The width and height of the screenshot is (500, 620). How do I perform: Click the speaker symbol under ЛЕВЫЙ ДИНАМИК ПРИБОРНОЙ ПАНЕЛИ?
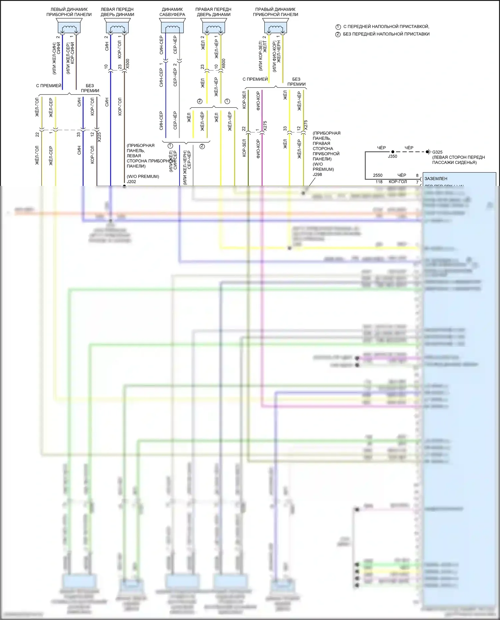(x=69, y=26)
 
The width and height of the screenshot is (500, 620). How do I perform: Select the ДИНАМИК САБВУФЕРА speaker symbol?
(x=172, y=26)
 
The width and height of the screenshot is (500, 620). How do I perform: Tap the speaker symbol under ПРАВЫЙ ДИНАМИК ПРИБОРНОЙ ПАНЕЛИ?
(x=275, y=26)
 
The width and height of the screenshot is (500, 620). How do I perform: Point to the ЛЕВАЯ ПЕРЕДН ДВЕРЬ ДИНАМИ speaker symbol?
(x=117, y=26)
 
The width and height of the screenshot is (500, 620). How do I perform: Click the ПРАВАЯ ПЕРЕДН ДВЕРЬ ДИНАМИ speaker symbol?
(x=213, y=26)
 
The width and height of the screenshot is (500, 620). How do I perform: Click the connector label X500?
(x=127, y=64)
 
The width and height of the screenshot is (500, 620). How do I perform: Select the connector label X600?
(x=224, y=64)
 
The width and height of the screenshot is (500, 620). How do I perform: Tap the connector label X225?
(x=99, y=137)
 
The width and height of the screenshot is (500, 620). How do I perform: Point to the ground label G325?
(x=437, y=152)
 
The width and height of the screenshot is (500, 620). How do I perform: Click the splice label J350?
(x=392, y=156)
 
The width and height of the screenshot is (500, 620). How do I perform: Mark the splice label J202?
(x=131, y=182)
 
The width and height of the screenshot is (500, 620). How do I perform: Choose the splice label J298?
(x=317, y=174)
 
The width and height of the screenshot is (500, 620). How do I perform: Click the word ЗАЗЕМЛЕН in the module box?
(x=436, y=179)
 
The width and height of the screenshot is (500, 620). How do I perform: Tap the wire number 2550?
(x=378, y=175)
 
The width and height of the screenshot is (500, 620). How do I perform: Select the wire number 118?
(x=379, y=182)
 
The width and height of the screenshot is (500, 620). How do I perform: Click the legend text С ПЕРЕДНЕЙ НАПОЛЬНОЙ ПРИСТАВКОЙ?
(x=386, y=26)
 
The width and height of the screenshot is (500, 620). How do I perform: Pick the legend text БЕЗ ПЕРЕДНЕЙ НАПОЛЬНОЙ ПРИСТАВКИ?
(x=386, y=34)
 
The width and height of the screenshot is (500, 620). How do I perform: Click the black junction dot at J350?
(x=393, y=152)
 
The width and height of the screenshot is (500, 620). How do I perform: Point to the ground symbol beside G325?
(x=428, y=152)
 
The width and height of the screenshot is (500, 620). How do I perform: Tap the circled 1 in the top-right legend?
(x=338, y=27)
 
